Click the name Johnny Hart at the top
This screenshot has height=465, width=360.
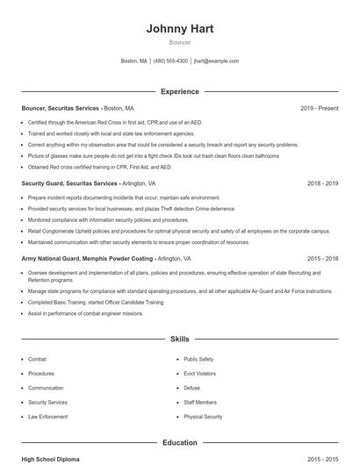click(179, 28)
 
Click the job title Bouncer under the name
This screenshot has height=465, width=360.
click(179, 41)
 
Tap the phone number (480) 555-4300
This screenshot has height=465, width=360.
click(170, 61)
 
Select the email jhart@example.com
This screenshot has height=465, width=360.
click(216, 61)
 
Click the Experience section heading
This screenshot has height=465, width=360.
click(179, 91)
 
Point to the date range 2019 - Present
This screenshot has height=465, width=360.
click(319, 108)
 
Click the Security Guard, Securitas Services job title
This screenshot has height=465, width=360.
click(69, 184)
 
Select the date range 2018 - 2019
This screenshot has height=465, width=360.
click(322, 184)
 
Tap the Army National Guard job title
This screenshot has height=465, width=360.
click(87, 259)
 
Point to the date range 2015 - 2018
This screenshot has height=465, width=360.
click(322, 259)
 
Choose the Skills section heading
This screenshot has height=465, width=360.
click(179, 339)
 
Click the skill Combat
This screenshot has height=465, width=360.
click(38, 359)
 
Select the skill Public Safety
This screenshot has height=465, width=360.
click(198, 359)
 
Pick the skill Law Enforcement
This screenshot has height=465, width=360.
click(47, 417)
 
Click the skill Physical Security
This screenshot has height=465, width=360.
click(203, 417)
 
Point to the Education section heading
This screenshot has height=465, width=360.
click(179, 443)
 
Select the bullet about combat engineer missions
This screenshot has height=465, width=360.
click(85, 313)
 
